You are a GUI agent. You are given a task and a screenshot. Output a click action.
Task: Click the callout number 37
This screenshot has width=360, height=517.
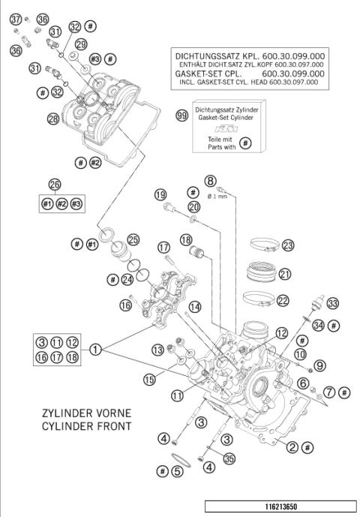pos(15,20)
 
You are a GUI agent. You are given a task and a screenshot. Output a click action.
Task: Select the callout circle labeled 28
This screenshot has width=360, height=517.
pos(52,119)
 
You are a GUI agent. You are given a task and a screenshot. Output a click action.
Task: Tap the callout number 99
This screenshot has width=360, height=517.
pos(180,116)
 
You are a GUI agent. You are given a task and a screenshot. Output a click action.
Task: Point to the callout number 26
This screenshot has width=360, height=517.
pos(53,185)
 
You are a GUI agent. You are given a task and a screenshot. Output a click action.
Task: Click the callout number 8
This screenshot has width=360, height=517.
pos(211,180)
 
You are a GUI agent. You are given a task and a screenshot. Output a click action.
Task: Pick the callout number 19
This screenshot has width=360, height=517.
pos(160,195)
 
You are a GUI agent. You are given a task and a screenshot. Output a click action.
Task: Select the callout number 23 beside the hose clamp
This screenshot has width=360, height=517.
pos(288,245)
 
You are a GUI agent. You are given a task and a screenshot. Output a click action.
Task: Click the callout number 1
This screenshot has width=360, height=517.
pos(96,349)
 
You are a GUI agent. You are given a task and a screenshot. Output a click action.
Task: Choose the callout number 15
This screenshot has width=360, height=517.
pos(150,381)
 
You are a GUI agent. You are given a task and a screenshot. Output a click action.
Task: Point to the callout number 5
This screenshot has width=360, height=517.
pos(177,471)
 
